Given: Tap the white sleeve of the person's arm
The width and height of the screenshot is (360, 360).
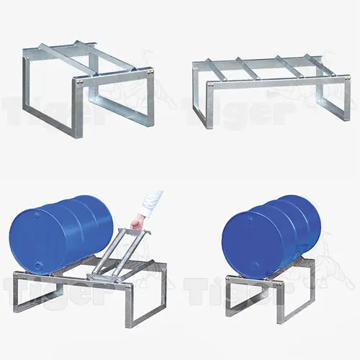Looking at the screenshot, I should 153,202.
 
